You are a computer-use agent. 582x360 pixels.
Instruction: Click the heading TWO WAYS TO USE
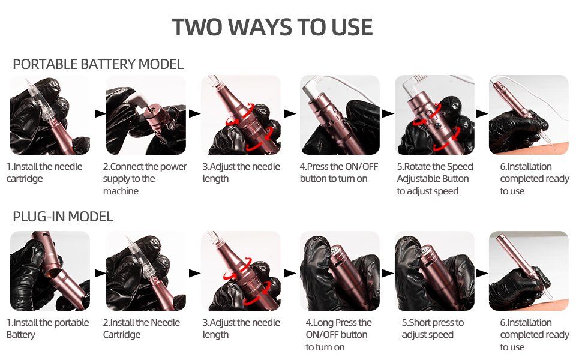pos(272,27)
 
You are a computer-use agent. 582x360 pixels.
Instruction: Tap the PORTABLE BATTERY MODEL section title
pos(98,64)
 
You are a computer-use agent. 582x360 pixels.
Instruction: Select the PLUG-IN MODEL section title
pos(63,217)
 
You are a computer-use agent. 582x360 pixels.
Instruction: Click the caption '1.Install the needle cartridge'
pos(44,172)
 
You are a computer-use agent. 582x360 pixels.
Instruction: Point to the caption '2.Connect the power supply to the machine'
pos(145,179)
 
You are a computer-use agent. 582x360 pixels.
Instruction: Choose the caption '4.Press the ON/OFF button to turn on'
pos(339,172)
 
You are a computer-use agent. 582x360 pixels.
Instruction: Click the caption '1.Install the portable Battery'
pos(47,328)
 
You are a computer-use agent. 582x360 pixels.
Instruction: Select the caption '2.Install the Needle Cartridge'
pos(142,328)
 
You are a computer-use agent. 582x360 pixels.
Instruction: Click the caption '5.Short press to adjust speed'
pos(433,328)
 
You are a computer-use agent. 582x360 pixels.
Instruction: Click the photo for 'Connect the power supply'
pos(146,115)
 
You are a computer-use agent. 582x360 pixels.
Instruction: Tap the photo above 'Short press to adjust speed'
pos(434,271)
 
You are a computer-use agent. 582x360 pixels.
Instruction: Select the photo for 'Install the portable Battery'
pos(50,271)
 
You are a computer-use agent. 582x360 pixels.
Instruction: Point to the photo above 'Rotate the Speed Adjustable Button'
pos(434,115)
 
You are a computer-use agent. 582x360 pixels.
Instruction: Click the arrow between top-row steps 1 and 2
pos(100,113)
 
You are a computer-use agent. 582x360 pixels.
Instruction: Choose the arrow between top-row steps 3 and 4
pos(290,113)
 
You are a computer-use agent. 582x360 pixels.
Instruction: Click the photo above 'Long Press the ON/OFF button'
pos(340,271)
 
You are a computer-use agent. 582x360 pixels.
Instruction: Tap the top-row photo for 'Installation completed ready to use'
pos(529,115)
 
